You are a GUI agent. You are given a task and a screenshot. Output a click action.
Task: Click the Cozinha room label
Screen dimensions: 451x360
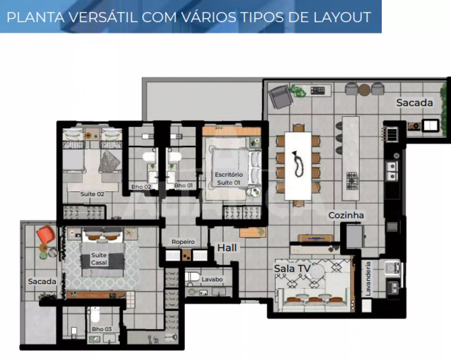pos(346,215)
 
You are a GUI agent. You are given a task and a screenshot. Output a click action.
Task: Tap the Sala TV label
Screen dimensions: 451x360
pos(292,269)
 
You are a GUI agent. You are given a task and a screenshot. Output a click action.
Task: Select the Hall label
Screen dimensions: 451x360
pos(227,248)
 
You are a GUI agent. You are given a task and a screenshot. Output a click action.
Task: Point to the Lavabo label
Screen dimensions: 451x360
pos(212,279)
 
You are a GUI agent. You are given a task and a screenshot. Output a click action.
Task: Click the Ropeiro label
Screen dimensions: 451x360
pos(183,242)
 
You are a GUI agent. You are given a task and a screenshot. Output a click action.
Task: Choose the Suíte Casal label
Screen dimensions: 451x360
pos(99,259)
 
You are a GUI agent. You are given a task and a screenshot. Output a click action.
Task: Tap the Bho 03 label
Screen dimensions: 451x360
pos(102,329)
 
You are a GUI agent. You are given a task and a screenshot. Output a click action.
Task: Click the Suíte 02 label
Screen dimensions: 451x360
pos(92,194)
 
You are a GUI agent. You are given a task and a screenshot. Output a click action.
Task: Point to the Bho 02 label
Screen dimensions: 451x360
pos(141,186)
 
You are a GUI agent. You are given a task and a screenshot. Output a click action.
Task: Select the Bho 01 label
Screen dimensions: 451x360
pos(183,185)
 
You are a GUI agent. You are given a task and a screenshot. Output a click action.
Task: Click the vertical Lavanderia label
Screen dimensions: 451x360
pos(368,278)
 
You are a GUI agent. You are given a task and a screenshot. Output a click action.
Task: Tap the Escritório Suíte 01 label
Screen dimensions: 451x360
pos(229,179)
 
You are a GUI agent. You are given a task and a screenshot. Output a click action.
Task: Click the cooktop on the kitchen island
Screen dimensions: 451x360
pos(352,180)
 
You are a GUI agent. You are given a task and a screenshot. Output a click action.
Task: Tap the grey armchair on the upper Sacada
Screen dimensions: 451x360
pos(280,97)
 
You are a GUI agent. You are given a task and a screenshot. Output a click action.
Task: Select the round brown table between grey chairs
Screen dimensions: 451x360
pos(364,90)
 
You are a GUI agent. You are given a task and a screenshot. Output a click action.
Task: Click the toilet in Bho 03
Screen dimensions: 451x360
pos(95,314)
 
